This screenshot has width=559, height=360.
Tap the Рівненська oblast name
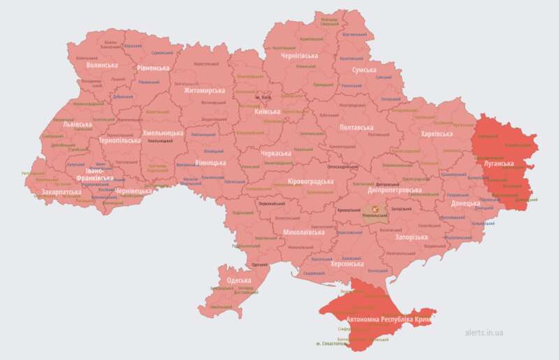point(153,68)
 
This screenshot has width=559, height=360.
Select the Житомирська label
point(205,90)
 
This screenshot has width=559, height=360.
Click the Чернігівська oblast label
point(299,55)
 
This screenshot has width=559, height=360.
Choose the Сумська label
point(363,71)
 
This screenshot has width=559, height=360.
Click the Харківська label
point(437,134)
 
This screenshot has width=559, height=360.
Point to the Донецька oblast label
point(465,203)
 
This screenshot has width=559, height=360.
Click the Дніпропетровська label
point(395,189)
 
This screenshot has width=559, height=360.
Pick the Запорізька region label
point(412,238)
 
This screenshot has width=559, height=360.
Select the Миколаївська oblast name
point(304,232)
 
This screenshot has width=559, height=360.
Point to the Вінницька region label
point(210,162)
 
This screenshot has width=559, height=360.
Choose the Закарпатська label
point(59,191)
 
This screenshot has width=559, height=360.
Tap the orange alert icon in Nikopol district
point(375,208)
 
